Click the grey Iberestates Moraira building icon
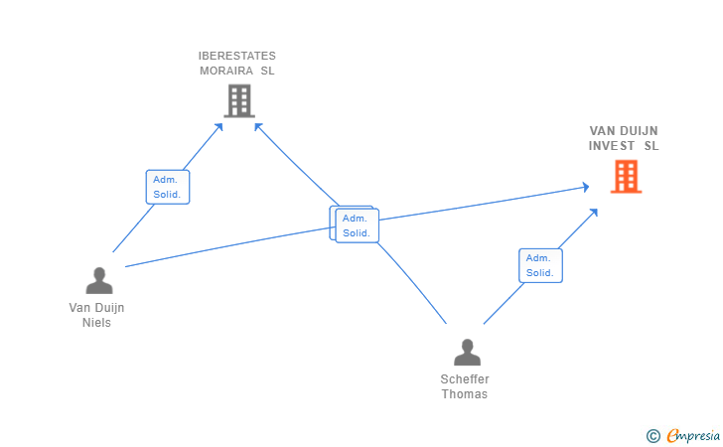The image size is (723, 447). click(x=238, y=100)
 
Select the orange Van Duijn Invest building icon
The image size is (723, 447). click(x=626, y=176)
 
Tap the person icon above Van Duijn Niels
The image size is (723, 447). click(x=98, y=281)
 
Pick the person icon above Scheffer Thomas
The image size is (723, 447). click(x=466, y=353)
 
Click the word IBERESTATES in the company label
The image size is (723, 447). click(x=237, y=56)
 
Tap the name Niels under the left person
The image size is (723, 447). click(x=97, y=323)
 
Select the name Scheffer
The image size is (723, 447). click(x=465, y=379)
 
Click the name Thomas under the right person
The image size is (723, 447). click(x=465, y=394)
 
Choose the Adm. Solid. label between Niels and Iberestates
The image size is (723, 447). click(x=167, y=187)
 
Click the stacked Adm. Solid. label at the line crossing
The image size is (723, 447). click(x=356, y=225)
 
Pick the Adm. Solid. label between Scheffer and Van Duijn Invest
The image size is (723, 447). click(x=540, y=265)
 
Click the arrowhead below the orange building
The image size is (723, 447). click(x=593, y=212)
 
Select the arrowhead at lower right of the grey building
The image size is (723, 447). click(x=258, y=126)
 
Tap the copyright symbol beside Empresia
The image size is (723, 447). click(x=652, y=435)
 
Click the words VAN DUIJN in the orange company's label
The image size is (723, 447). click(x=624, y=130)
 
